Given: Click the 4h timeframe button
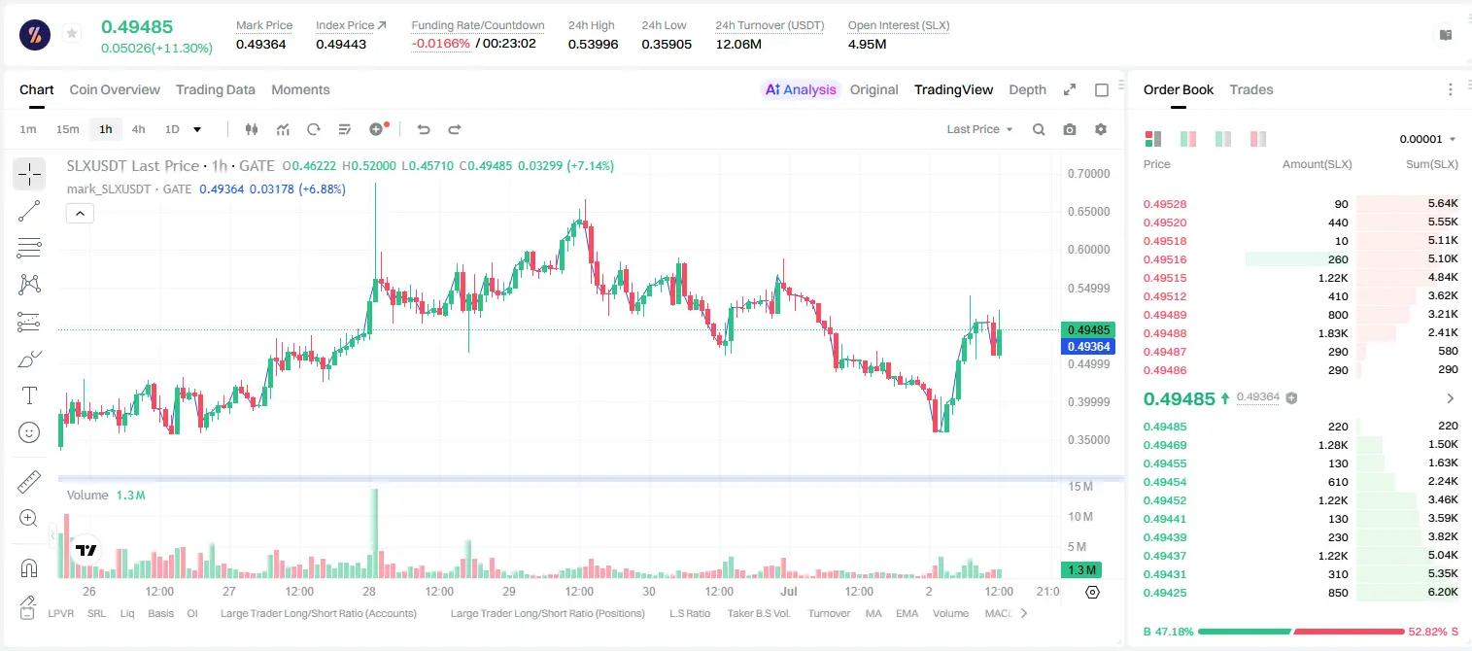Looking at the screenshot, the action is pyautogui.click(x=138, y=129).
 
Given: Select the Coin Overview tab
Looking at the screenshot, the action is pyautogui.click(x=115, y=89).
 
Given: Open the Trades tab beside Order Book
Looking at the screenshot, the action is pyautogui.click(x=1251, y=89).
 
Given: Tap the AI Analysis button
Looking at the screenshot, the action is pyautogui.click(x=801, y=89).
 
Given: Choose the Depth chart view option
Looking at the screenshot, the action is pyautogui.click(x=1027, y=89).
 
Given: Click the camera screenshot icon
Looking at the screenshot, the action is pyautogui.click(x=1070, y=129).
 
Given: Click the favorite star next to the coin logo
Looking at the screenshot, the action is pyautogui.click(x=72, y=33).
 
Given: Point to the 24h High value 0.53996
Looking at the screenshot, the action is pyautogui.click(x=593, y=44).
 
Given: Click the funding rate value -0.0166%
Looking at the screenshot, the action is pyautogui.click(x=440, y=44).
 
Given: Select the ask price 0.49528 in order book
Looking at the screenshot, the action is pyautogui.click(x=1164, y=204).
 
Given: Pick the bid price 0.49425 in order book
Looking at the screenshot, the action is pyautogui.click(x=1164, y=593).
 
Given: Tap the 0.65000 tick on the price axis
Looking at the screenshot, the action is pyautogui.click(x=1089, y=212).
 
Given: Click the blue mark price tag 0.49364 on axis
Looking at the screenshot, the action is pyautogui.click(x=1088, y=346).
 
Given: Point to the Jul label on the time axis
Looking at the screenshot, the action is pyautogui.click(x=789, y=591).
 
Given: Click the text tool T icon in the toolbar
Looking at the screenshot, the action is pyautogui.click(x=29, y=395).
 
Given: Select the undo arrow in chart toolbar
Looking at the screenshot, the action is pyautogui.click(x=424, y=129).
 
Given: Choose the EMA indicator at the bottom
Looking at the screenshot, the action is pyautogui.click(x=907, y=613).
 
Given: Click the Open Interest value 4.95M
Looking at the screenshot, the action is pyautogui.click(x=867, y=44).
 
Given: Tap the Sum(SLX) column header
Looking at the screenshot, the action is pyautogui.click(x=1432, y=164).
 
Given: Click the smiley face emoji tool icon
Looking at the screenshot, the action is pyautogui.click(x=29, y=432).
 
